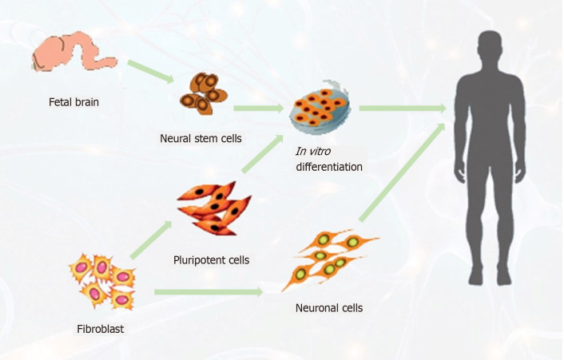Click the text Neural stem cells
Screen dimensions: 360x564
pyautogui.click(x=201, y=138)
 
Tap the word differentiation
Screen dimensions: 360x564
pyautogui.click(x=328, y=167)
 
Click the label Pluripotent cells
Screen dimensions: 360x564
pyautogui.click(x=211, y=259)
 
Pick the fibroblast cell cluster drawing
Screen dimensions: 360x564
pyautogui.click(x=101, y=282)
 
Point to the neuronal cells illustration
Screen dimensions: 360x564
pyautogui.click(x=328, y=257)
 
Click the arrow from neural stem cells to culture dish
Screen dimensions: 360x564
pyautogui.click(x=258, y=107)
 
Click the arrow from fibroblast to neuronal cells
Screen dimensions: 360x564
pyautogui.click(x=209, y=291)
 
